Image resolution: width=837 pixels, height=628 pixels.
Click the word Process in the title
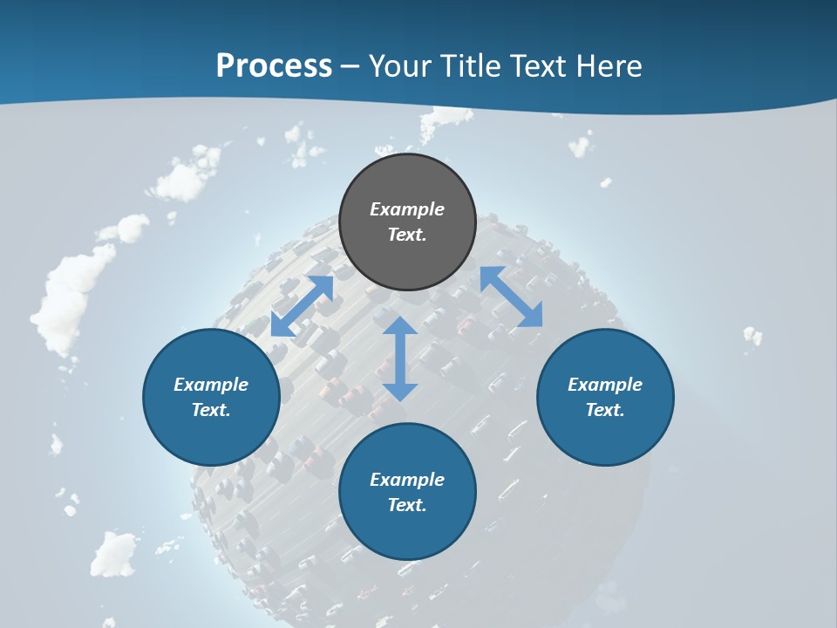(x=274, y=66)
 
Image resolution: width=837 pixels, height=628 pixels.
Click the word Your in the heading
(x=401, y=66)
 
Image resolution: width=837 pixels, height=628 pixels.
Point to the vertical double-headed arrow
(x=400, y=358)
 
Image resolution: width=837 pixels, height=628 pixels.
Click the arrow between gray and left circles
(x=302, y=306)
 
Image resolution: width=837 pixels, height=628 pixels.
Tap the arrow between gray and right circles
(x=512, y=297)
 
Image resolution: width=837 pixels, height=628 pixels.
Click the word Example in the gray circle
(x=407, y=209)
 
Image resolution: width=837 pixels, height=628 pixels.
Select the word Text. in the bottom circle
(x=407, y=505)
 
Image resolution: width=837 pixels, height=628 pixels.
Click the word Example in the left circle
(x=211, y=385)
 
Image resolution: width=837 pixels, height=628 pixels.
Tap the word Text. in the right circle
(x=605, y=410)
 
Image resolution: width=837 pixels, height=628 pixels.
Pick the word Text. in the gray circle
(x=407, y=235)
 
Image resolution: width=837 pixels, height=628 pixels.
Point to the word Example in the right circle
(x=605, y=385)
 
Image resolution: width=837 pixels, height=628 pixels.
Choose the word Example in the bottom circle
(x=407, y=480)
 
